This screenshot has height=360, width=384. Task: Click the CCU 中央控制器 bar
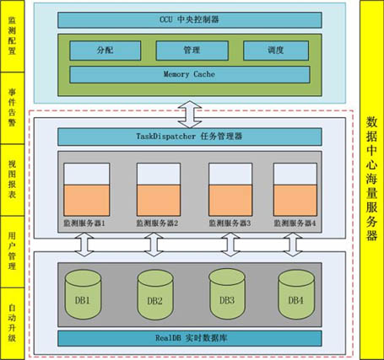click(x=190, y=20)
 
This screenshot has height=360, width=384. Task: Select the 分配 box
click(x=105, y=51)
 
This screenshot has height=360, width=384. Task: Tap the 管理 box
click(x=192, y=51)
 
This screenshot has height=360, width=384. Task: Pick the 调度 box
click(x=276, y=51)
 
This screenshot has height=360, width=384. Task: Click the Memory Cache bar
click(x=190, y=74)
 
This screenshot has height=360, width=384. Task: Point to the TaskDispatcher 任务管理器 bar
click(x=190, y=137)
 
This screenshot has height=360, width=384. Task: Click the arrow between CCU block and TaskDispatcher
click(x=190, y=115)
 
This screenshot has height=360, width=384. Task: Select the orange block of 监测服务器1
click(x=87, y=200)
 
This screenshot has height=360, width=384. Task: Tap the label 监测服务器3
click(x=230, y=223)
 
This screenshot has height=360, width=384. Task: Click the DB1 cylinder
click(x=83, y=294)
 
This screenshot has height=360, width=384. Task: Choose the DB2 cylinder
click(x=155, y=295)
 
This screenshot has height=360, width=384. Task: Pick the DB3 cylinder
click(x=227, y=294)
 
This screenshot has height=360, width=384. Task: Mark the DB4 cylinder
click(x=296, y=294)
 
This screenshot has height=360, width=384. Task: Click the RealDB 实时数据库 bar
click(x=190, y=338)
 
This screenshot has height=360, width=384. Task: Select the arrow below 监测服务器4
click(x=293, y=244)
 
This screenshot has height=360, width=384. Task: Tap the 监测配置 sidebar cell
click(x=13, y=36)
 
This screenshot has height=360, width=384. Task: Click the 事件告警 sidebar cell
click(x=13, y=108)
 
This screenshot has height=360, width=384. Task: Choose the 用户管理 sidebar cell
click(x=13, y=252)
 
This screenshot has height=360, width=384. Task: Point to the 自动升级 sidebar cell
click(x=13, y=324)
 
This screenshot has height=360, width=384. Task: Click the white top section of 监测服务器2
click(x=159, y=174)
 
